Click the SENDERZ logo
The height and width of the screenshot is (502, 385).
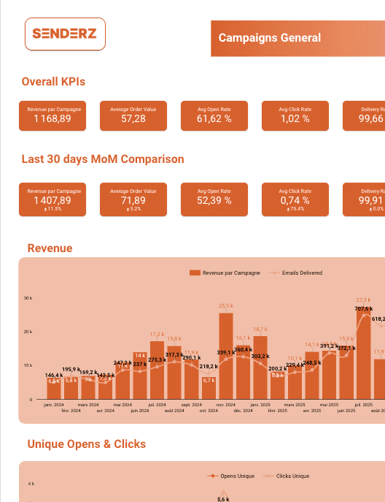point(65,34)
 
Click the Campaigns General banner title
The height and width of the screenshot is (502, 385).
point(269,38)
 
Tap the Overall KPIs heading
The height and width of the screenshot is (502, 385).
point(58,82)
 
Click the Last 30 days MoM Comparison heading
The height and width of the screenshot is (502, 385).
point(103,159)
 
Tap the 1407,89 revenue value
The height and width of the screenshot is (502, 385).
point(54,199)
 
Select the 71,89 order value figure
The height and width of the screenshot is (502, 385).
point(133,199)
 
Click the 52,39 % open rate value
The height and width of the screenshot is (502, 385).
point(214,199)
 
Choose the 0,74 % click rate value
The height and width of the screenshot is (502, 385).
point(295,199)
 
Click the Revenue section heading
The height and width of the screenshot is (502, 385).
point(50,248)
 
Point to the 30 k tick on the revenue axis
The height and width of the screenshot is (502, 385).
point(28,298)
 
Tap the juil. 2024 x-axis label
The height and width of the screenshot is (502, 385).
point(157,404)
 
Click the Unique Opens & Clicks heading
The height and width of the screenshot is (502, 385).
point(86,444)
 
